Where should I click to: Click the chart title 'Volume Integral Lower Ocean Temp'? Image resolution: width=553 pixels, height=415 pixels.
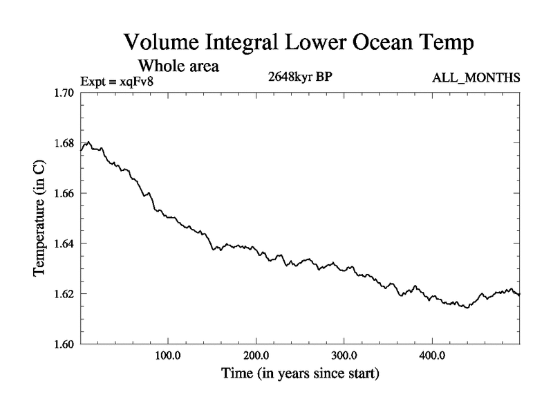point(299,43)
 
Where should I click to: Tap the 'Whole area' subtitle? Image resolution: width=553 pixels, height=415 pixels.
point(179,66)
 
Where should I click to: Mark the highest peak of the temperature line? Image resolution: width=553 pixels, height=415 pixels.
point(88,142)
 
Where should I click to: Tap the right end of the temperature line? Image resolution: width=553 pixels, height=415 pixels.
point(519,295)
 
